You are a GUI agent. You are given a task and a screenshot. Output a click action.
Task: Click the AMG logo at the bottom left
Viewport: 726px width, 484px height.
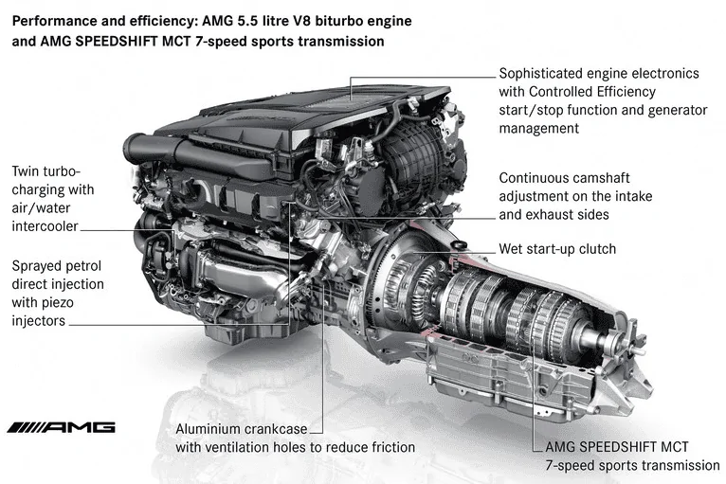61,427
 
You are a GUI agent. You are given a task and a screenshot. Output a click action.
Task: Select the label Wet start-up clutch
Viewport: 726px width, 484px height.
557,249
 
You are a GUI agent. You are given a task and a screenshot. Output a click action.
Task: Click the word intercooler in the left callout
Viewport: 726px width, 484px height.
45,226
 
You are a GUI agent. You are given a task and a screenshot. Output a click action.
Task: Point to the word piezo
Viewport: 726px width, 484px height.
58,302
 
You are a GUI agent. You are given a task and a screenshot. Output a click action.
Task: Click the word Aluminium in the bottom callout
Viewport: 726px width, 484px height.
203,429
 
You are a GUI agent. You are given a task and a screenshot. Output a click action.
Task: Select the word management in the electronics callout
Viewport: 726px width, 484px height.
539,129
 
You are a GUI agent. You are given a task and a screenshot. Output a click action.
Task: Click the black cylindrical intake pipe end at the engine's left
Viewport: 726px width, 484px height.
134,148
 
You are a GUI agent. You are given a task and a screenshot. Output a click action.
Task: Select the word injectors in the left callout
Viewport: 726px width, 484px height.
39,321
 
